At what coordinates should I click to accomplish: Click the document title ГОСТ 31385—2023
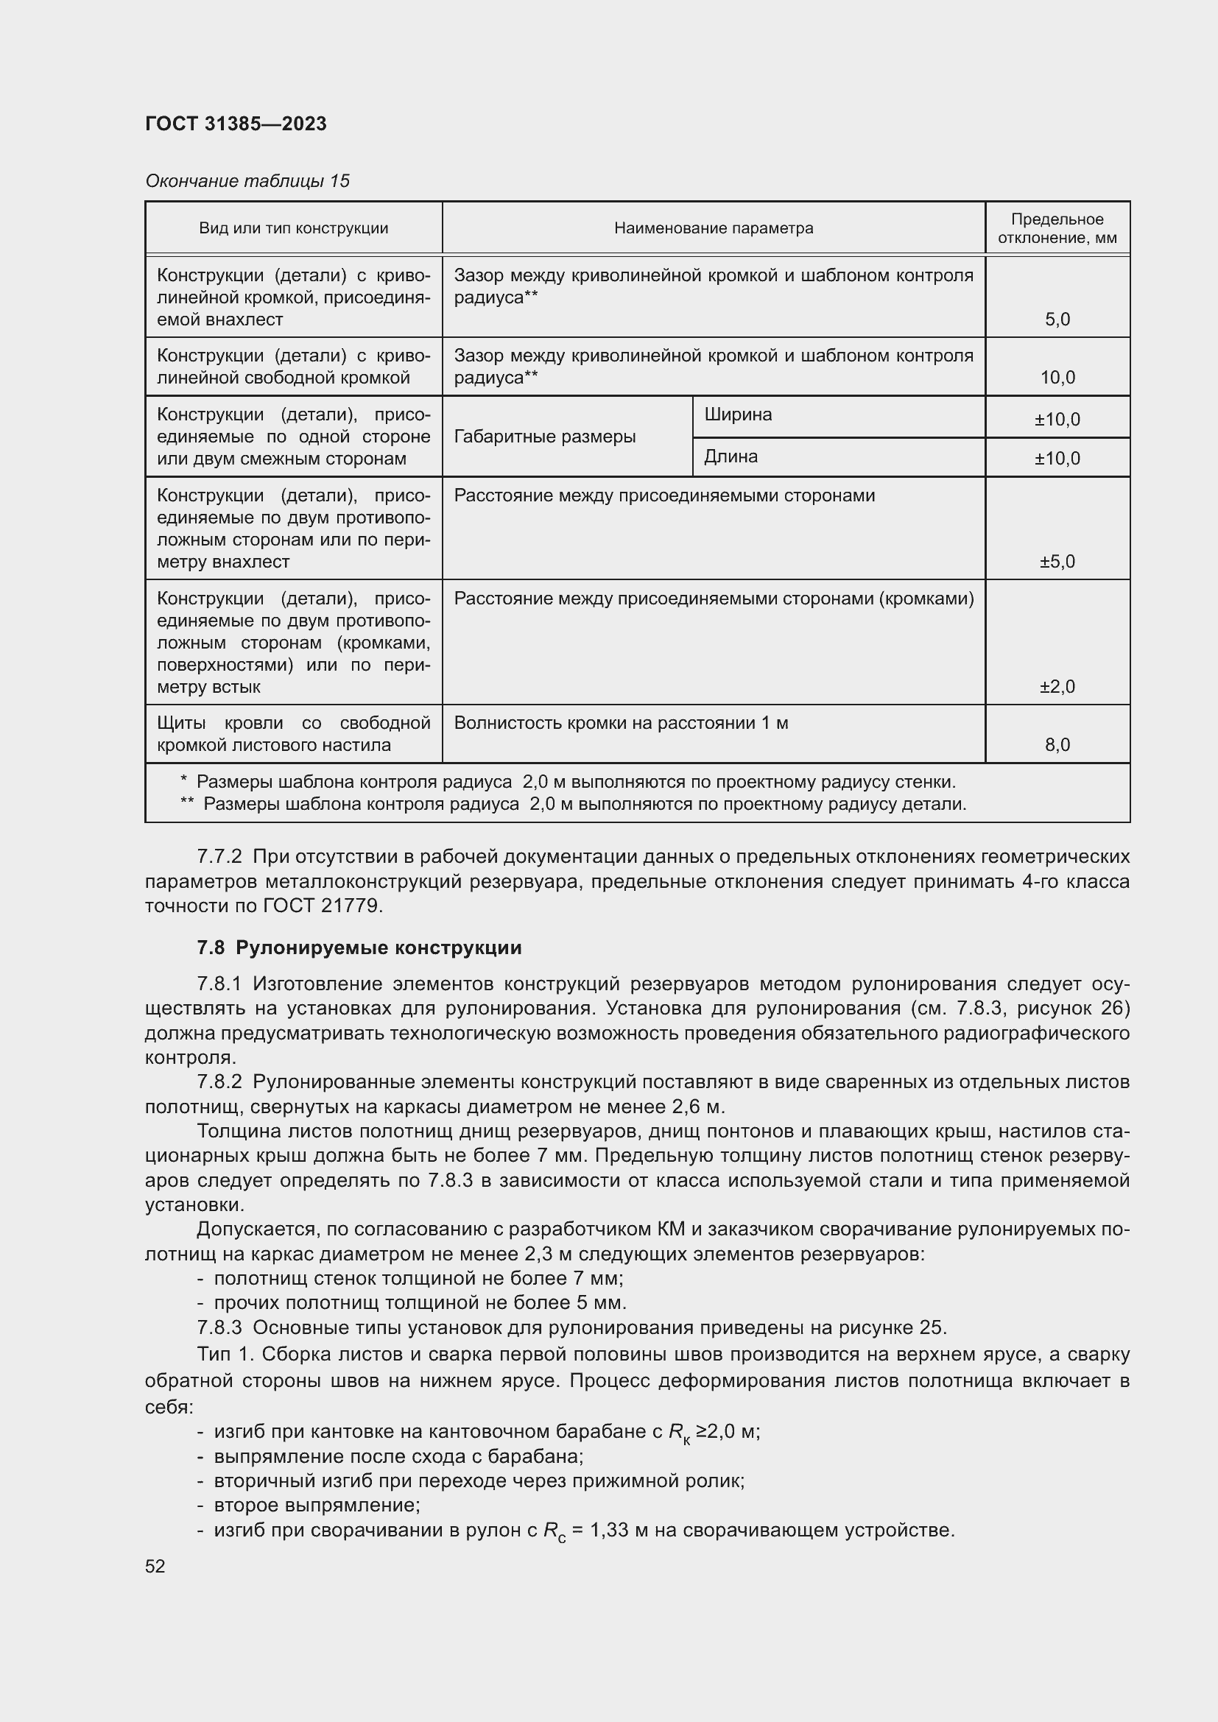pos(236,124)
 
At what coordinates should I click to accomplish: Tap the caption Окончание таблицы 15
pos(247,181)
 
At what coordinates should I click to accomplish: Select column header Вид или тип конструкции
pos(293,228)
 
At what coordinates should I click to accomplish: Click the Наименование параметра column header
pos(714,228)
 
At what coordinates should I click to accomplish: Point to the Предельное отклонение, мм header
pos(1057,228)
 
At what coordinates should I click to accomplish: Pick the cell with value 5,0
pos(1057,320)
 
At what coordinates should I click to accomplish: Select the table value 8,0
pos(1057,745)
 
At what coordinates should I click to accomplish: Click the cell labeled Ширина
pos(738,414)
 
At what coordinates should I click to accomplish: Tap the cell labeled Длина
pos(731,456)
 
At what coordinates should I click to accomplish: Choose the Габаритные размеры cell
pos(544,437)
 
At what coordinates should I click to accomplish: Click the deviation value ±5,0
pos(1057,562)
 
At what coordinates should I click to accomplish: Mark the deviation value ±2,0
pos(1057,686)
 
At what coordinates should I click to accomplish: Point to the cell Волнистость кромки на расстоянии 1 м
pos(621,723)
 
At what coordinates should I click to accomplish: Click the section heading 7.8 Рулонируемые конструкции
pos(359,948)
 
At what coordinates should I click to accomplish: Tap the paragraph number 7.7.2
pos(219,856)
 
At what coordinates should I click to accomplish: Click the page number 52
pos(155,1567)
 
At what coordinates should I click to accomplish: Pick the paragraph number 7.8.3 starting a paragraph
pos(219,1327)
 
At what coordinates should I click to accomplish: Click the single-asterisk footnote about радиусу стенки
pos(568,783)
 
